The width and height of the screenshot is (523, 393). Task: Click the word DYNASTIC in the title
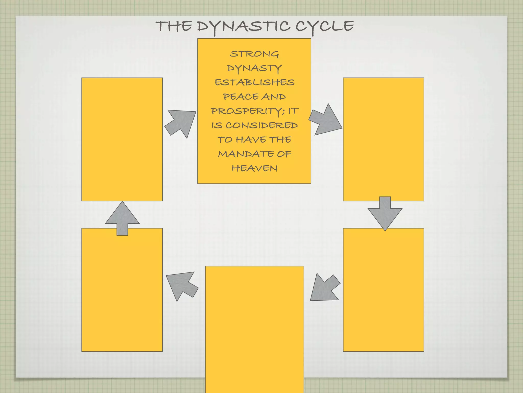(x=243, y=27)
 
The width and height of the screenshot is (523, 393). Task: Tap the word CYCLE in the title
(x=325, y=27)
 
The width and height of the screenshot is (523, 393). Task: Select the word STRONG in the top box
(x=254, y=54)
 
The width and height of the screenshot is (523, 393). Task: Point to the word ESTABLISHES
(x=254, y=82)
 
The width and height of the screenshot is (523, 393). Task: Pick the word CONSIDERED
(x=261, y=125)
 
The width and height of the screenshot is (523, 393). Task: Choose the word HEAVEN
(x=254, y=168)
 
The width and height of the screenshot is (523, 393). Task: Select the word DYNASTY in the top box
(x=254, y=68)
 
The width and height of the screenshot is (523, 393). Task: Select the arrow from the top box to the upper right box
(x=325, y=120)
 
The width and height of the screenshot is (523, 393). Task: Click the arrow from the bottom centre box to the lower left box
(x=182, y=285)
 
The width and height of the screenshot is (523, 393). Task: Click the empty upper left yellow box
(x=122, y=139)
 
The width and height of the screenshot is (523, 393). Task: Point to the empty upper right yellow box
(x=383, y=139)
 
